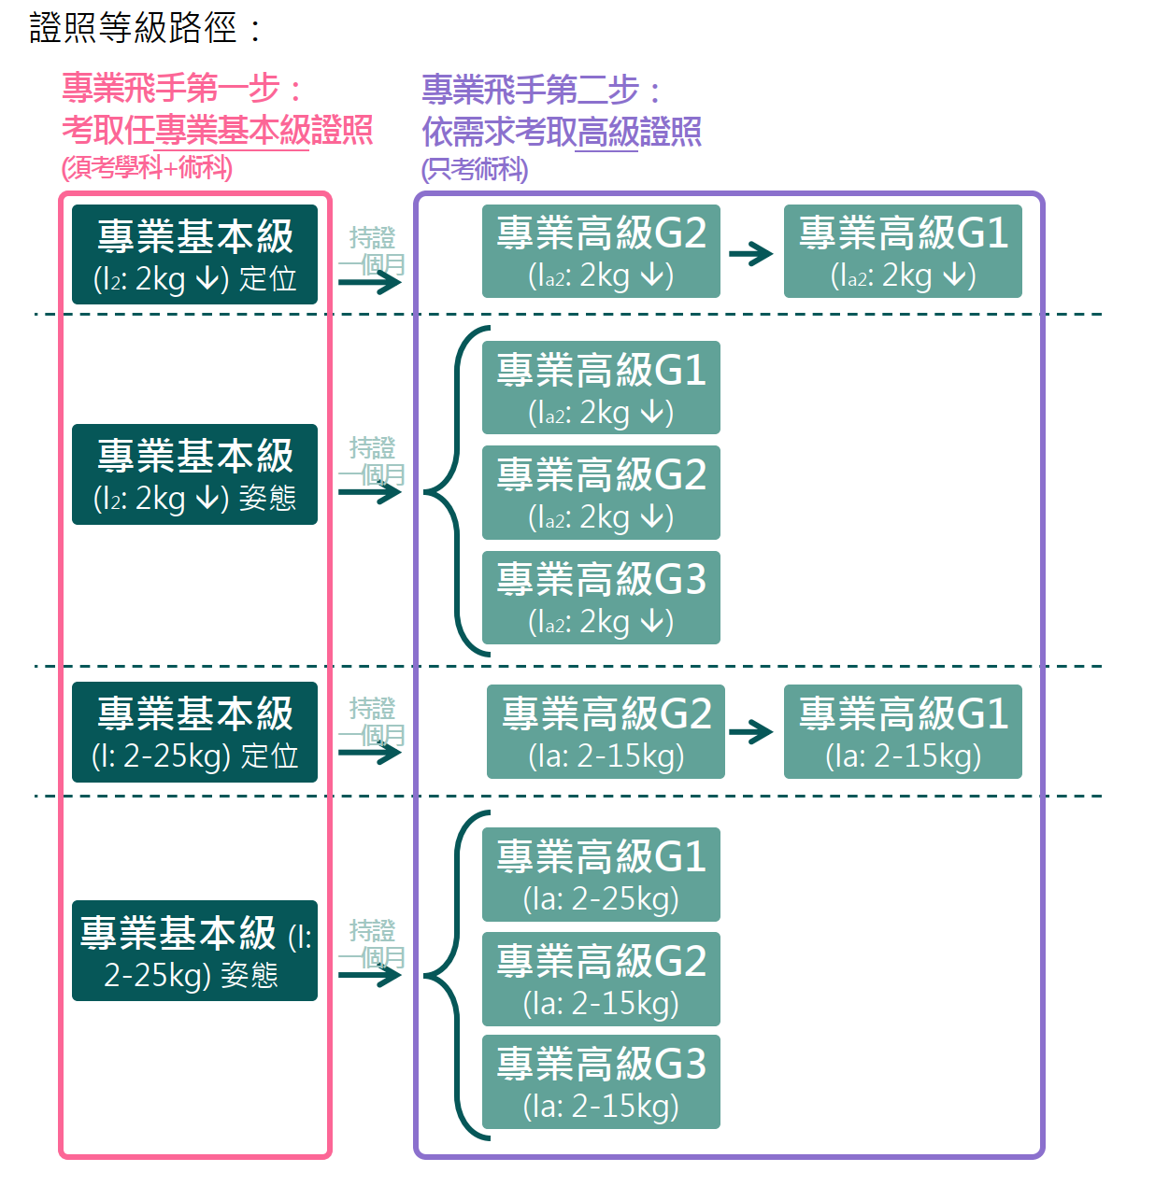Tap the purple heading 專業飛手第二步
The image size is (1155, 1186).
coord(542,91)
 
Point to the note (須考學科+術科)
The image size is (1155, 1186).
coord(147,168)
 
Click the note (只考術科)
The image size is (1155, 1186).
coord(474,169)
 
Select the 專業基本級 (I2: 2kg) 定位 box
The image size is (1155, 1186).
coord(194,255)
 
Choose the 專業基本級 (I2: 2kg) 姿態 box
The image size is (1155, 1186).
coord(194,474)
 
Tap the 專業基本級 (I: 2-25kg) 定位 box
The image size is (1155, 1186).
coord(194,732)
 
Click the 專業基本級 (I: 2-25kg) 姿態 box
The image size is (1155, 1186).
coord(194,951)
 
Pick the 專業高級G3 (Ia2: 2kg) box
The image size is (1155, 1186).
coord(601,598)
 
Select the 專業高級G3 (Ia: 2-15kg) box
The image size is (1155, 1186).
coord(601,1082)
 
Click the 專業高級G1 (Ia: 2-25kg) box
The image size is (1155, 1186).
coord(601,875)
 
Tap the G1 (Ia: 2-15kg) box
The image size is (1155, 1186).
coord(903,732)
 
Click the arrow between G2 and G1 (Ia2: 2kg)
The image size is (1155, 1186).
coord(751,253)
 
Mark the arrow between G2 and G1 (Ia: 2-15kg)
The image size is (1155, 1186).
coord(751,732)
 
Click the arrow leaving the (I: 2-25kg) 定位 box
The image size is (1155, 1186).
coord(370,752)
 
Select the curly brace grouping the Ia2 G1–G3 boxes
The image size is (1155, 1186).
coord(456,491)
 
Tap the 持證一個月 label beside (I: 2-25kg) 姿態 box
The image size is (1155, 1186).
coord(372,943)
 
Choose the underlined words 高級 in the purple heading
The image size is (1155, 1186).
coord(606,132)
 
